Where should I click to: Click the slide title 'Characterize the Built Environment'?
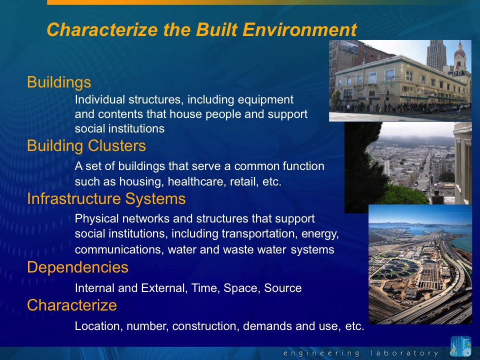pos(201,29)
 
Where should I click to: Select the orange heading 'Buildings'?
pos(59,82)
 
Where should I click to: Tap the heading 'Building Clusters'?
pos(86,145)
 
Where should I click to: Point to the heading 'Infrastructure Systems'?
pos(106,198)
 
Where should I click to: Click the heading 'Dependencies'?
pos(78,267)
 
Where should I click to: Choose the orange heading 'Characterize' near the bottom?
pos(72,305)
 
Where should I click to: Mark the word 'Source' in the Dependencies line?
pos(283,288)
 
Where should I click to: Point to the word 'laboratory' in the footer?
pos(404,353)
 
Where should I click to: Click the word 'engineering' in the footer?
pos(321,353)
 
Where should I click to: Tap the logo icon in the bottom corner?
pos(460,346)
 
